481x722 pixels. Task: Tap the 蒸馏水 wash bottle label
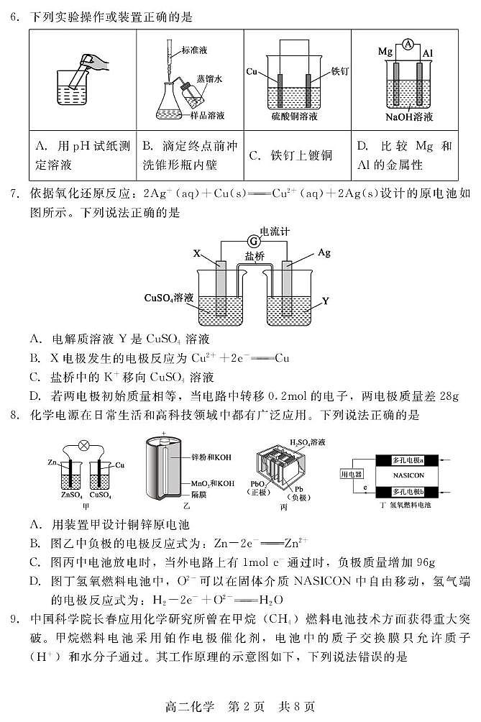point(210,81)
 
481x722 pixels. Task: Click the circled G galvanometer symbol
point(252,240)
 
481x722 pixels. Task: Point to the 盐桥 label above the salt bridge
point(254,255)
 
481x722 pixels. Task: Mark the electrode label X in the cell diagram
point(197,253)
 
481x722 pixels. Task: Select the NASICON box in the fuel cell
point(408,475)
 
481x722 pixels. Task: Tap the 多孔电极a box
point(408,459)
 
